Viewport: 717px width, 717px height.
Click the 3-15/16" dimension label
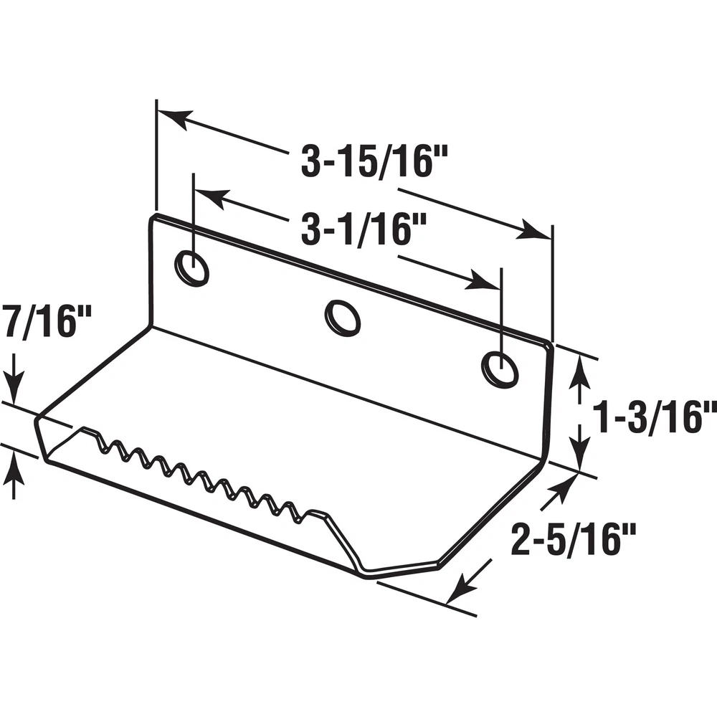pyautogui.click(x=374, y=161)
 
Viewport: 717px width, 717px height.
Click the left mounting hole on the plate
pyautogui.click(x=192, y=268)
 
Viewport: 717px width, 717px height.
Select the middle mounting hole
pyautogui.click(x=343, y=318)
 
